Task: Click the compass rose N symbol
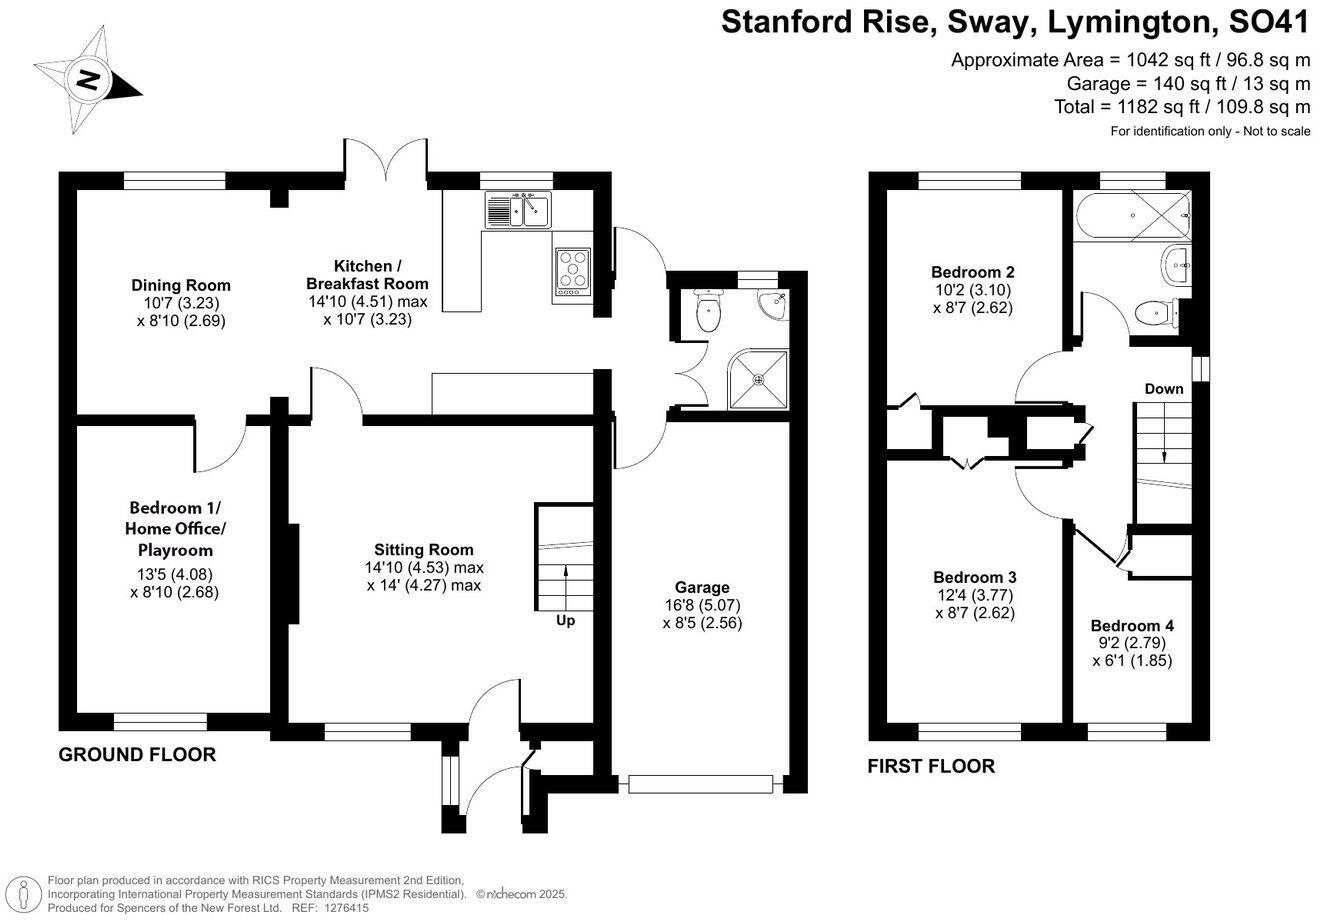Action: click(x=88, y=80)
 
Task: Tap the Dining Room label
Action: click(x=181, y=285)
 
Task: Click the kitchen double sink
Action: click(x=519, y=210)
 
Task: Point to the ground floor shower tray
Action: click(x=758, y=380)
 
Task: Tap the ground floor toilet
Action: click(x=708, y=310)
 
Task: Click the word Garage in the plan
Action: click(x=702, y=588)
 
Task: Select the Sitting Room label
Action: click(x=424, y=550)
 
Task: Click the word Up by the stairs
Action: click(x=565, y=621)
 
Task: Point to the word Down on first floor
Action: click(x=1164, y=389)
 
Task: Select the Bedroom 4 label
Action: click(x=1132, y=626)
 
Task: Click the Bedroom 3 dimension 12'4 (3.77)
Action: click(x=974, y=595)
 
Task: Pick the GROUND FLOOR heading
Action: click(x=137, y=755)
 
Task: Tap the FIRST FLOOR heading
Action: click(x=931, y=766)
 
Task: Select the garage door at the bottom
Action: click(x=700, y=784)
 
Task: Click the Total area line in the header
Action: click(x=1182, y=107)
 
